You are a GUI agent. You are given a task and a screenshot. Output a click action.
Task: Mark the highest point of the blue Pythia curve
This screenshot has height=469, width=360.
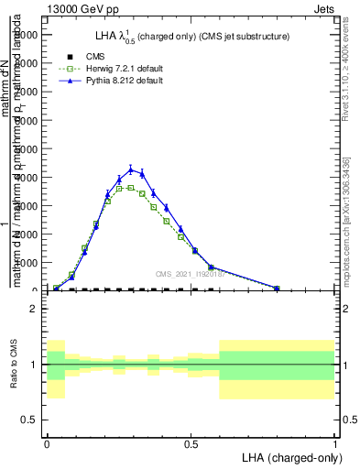[x=131, y=169]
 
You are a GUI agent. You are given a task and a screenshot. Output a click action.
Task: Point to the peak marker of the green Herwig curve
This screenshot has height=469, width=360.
[x=131, y=187]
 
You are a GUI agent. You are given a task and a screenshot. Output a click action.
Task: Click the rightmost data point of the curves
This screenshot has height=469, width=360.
[x=277, y=288]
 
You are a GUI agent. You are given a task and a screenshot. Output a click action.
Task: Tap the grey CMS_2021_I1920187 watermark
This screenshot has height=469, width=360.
[x=190, y=273]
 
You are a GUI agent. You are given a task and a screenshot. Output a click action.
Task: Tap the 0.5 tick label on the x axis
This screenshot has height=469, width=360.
[x=191, y=442]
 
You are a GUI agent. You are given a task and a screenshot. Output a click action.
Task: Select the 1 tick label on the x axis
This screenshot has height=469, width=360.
[x=334, y=442]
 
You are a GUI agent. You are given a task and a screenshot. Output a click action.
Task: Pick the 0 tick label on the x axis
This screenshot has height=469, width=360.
[x=47, y=442]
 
